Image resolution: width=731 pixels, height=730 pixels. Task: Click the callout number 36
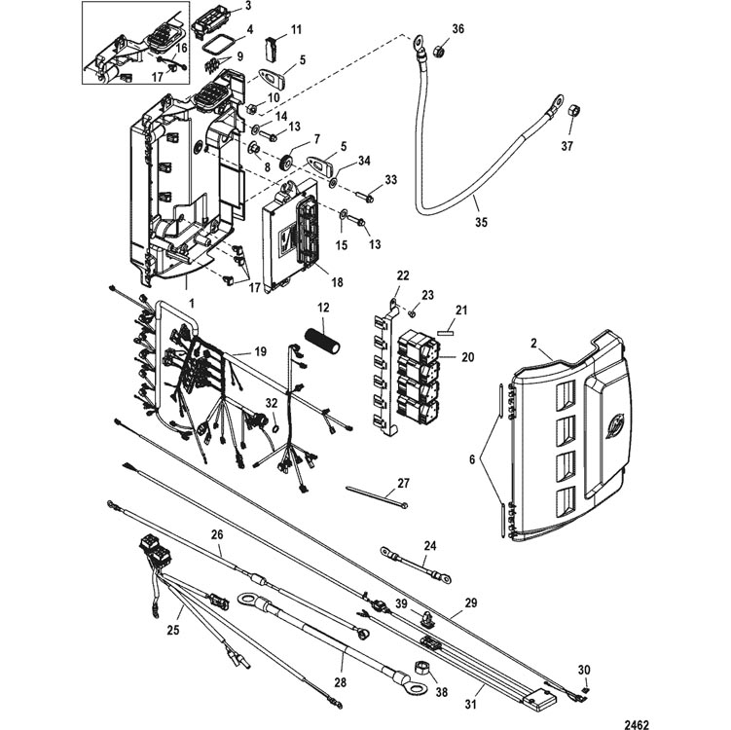tap(458, 29)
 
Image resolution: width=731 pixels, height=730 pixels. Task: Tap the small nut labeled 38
tap(423, 669)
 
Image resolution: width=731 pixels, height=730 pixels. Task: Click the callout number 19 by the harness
tap(261, 350)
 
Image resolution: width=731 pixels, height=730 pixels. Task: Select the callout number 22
tap(403, 275)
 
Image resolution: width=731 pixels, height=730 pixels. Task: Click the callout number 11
tap(296, 29)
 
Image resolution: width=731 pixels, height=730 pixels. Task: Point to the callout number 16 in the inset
tap(182, 48)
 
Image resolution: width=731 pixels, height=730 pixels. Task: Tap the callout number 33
tap(391, 180)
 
